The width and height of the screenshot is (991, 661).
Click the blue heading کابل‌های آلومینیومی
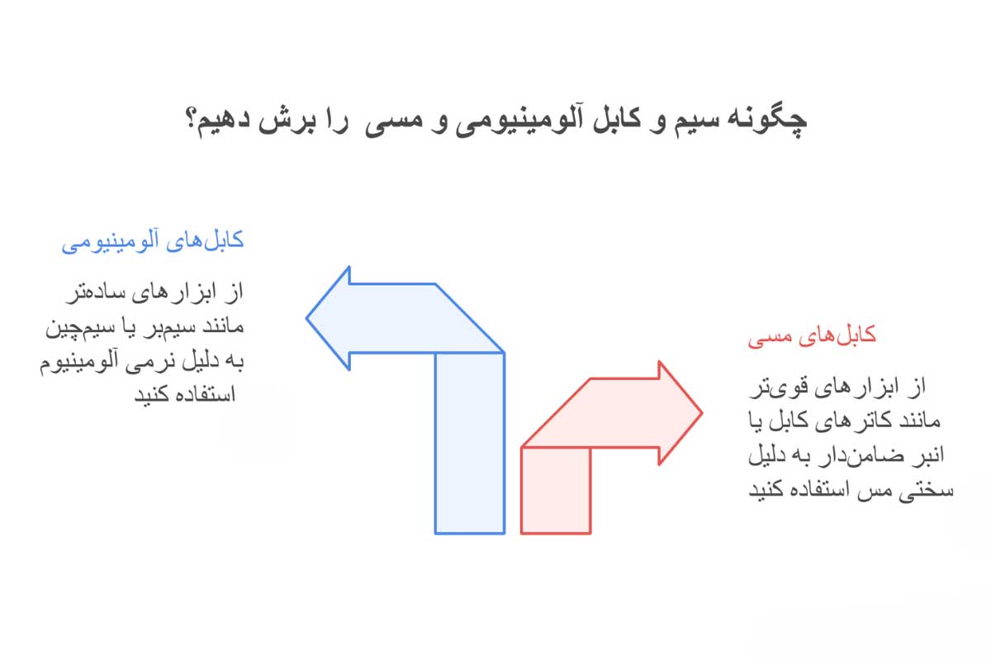point(154,243)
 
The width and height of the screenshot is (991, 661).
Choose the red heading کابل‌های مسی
point(812,337)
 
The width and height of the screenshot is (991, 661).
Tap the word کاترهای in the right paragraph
point(842,421)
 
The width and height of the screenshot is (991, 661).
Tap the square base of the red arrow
point(555,489)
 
